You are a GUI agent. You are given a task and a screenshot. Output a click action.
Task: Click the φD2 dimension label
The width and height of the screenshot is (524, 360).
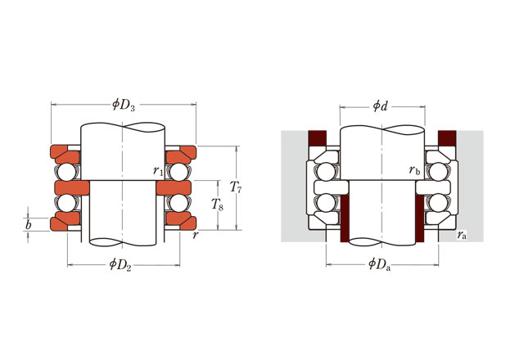[x=123, y=263]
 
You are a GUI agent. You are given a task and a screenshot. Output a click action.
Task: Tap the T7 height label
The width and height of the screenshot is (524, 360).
[x=235, y=188]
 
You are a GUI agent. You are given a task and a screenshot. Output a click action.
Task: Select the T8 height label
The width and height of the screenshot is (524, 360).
[x=217, y=205]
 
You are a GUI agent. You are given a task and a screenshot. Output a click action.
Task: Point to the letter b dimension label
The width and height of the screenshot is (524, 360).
[x=29, y=223]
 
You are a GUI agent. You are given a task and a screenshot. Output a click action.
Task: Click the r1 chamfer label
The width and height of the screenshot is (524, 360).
[x=157, y=170]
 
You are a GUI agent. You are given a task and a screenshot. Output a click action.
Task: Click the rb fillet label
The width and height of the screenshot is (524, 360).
[x=414, y=170]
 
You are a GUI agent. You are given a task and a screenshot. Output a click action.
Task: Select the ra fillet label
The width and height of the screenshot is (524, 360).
[x=463, y=235]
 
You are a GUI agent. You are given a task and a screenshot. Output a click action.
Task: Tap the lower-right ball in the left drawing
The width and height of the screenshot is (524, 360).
[x=178, y=203]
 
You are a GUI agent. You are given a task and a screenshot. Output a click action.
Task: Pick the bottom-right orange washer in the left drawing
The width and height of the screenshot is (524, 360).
[x=178, y=223]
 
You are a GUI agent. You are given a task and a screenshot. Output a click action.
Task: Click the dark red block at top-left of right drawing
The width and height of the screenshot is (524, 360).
[x=316, y=139]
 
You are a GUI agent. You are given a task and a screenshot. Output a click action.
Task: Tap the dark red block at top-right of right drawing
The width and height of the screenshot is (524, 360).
[x=448, y=139]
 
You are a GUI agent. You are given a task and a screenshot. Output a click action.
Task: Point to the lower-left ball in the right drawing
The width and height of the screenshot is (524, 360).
[x=327, y=203]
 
